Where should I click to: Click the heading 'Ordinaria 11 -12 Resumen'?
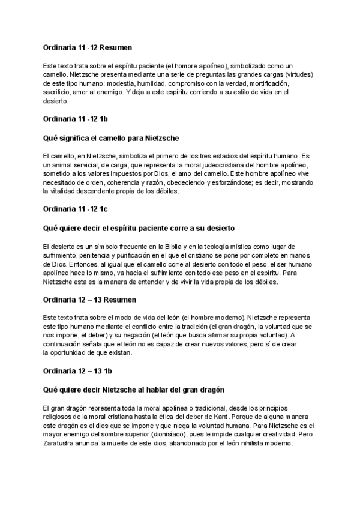88,47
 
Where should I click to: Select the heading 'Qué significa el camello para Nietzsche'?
111,139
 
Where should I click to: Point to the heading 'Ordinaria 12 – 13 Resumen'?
89,299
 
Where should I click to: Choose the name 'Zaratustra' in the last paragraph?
61,444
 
